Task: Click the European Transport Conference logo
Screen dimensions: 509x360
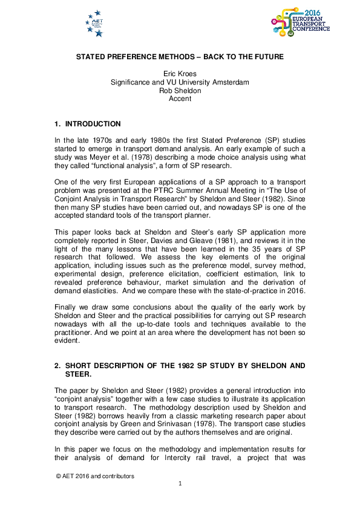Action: (301, 22)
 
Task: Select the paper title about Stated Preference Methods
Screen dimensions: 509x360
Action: (180, 57)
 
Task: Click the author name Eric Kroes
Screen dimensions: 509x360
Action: (180, 74)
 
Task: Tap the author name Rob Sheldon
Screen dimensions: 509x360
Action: (180, 90)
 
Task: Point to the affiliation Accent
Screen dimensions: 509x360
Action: (180, 99)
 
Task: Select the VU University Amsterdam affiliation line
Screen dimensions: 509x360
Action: (180, 82)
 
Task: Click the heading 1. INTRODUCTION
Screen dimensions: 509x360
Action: (88, 124)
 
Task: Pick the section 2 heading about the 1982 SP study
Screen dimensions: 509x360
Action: (179, 370)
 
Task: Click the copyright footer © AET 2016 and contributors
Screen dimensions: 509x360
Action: (95, 476)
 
